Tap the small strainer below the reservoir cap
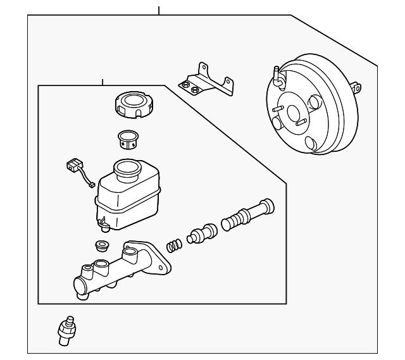[x=130, y=140]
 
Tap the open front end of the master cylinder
[x=80, y=288]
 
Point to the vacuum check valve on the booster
[x=277, y=76]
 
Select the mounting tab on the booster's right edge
[x=359, y=87]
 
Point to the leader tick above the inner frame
[x=102, y=82]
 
